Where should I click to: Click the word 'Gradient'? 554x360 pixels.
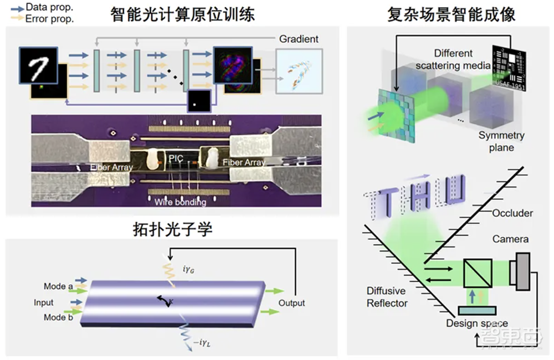(x=299, y=39)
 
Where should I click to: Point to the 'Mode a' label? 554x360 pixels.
(x=59, y=286)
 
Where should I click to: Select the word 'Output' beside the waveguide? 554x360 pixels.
(x=291, y=303)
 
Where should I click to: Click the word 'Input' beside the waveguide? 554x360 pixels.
(x=44, y=302)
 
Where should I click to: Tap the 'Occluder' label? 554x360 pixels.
(x=512, y=213)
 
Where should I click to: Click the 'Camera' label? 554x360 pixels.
(x=510, y=239)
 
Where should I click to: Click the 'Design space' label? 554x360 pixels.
(x=477, y=323)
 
